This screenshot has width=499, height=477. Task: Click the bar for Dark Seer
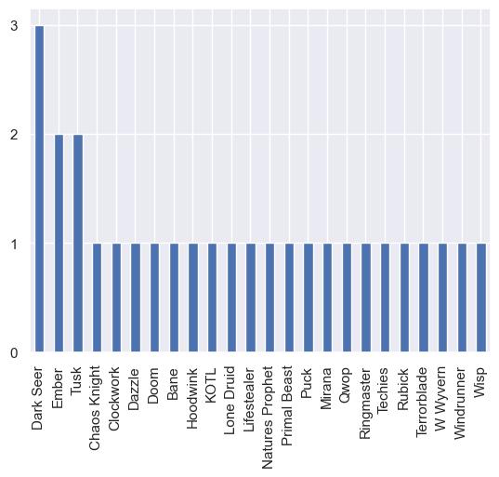point(39,189)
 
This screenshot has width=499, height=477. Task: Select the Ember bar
point(59,244)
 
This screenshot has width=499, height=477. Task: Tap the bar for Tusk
point(78,244)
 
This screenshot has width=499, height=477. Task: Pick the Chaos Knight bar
point(97,298)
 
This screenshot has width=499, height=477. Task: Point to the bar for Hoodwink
point(193,298)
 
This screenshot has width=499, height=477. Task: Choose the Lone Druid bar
point(231,298)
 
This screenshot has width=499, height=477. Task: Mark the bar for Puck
point(309,298)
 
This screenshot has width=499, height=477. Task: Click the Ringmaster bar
point(366,298)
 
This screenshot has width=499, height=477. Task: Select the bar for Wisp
point(481,298)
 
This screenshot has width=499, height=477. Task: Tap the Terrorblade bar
point(424,298)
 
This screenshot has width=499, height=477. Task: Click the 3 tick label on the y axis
point(14,26)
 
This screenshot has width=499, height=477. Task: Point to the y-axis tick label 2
point(14,135)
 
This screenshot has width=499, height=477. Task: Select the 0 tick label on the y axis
point(14,352)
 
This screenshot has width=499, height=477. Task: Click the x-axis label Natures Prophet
point(268,417)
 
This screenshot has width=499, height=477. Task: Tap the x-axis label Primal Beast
point(287,405)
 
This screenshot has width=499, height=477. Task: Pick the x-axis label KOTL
point(211,386)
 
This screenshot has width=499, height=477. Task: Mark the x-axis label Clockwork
point(114,399)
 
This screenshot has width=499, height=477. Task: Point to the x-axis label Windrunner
point(460,403)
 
